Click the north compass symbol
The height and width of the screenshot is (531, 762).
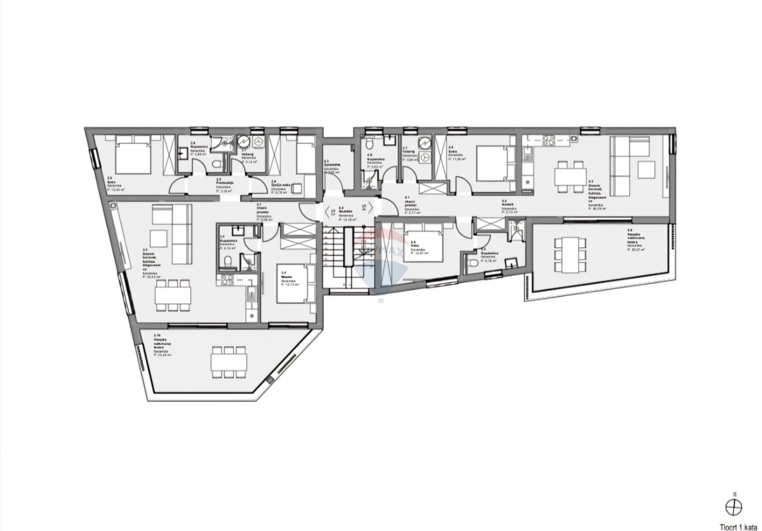click(x=735, y=506)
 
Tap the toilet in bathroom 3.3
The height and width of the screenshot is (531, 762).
click(x=228, y=262)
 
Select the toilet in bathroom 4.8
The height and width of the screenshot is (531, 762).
click(x=368, y=180)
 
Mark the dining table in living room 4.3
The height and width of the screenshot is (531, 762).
click(x=570, y=174)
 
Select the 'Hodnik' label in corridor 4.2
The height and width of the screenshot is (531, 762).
click(x=507, y=205)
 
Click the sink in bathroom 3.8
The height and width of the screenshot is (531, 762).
click(x=184, y=152)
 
